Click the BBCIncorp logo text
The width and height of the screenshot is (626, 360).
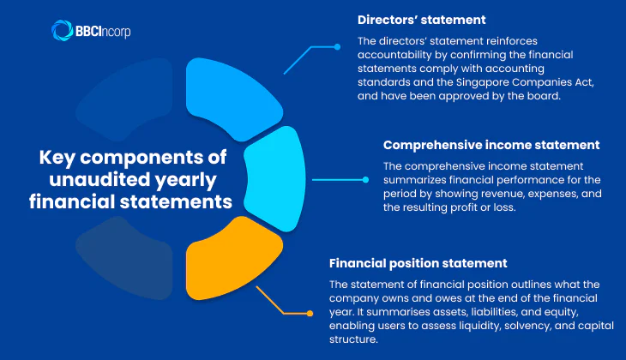(x=104, y=31)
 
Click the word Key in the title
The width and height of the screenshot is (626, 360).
(x=62, y=158)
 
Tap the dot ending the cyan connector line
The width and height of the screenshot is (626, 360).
(x=365, y=180)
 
